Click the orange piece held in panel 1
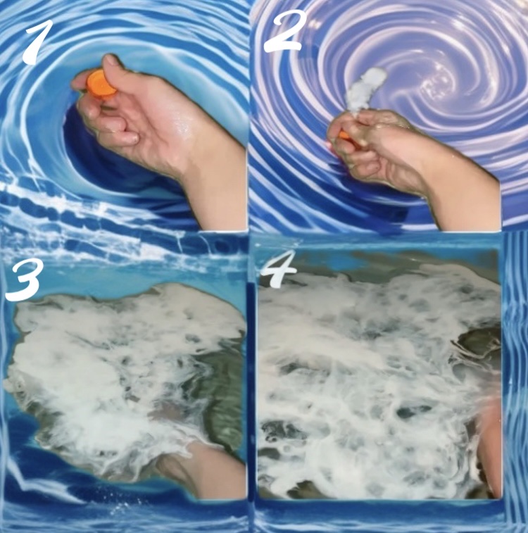tap(101, 84)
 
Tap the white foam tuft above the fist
tap(366, 88)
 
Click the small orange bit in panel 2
tap(344, 135)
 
